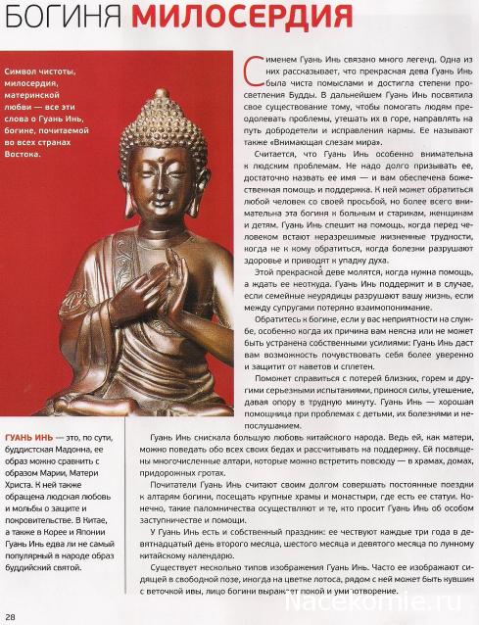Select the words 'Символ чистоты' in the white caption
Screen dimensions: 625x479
[40, 72]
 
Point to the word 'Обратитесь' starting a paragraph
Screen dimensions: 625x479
[273, 347]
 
